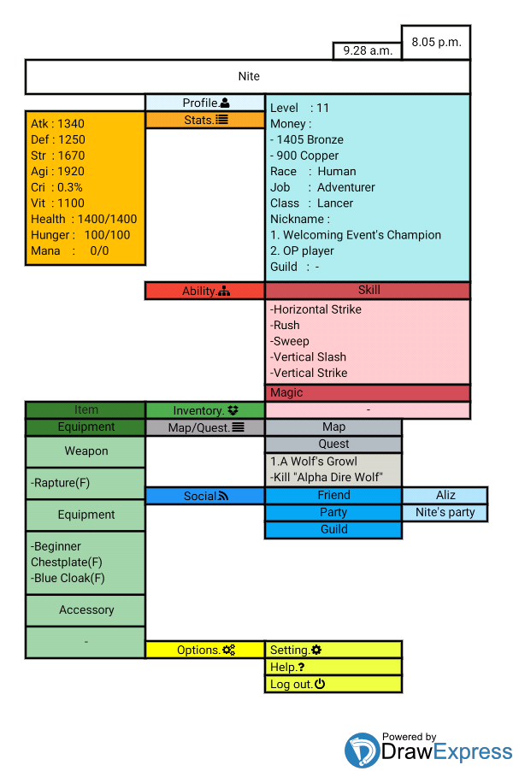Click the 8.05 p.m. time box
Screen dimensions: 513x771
click(436, 43)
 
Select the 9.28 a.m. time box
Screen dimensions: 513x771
click(368, 50)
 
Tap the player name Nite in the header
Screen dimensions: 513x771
click(249, 76)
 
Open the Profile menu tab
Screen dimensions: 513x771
click(205, 103)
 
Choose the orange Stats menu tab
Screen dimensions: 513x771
click(205, 120)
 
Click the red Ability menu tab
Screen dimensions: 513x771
click(205, 291)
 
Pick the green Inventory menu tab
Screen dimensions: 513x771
click(205, 410)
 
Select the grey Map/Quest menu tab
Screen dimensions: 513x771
click(205, 427)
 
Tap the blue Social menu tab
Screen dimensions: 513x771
click(205, 496)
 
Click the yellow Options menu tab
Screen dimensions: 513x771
click(205, 650)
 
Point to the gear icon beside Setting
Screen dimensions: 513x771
click(316, 650)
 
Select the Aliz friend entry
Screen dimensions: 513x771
click(445, 495)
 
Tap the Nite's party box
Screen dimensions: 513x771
click(445, 512)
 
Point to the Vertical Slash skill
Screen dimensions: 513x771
click(308, 357)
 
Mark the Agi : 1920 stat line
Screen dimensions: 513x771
click(57, 171)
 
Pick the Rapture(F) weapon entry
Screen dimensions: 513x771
click(60, 483)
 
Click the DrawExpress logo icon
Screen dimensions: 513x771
click(362, 750)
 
